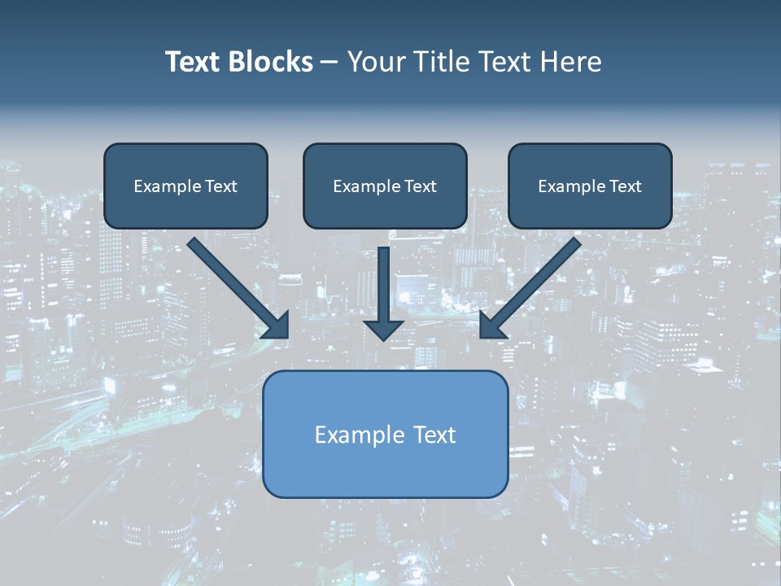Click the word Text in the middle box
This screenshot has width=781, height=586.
[x=420, y=186]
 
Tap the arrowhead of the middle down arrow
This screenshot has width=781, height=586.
[x=384, y=330]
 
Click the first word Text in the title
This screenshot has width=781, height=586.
[x=194, y=62]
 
